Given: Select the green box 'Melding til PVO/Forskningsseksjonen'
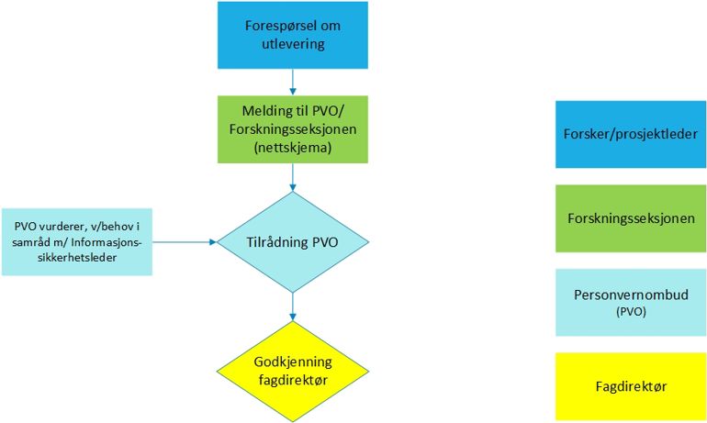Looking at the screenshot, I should click(292, 128).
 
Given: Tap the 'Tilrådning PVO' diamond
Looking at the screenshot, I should click(292, 242).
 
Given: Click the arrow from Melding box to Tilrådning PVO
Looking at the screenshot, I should click(292, 176).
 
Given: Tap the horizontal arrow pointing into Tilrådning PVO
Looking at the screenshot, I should click(185, 242).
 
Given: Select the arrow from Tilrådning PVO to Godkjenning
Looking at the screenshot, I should click(292, 306).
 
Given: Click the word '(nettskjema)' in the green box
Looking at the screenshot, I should click(292, 146).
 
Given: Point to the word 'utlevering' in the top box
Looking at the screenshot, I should click(292, 45).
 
